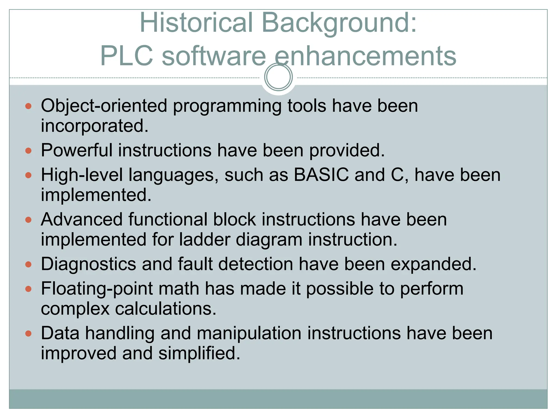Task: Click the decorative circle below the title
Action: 278,77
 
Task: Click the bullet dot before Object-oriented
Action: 28,106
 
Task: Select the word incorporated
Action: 95,126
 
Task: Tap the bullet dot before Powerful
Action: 28,150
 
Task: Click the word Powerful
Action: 76,150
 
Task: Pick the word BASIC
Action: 321,175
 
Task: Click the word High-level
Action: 82,175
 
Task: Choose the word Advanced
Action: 82,219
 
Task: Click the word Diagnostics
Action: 88,264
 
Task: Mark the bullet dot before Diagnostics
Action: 28,264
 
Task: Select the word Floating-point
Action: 97,289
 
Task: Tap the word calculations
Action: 166,309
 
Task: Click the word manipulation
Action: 249,333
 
